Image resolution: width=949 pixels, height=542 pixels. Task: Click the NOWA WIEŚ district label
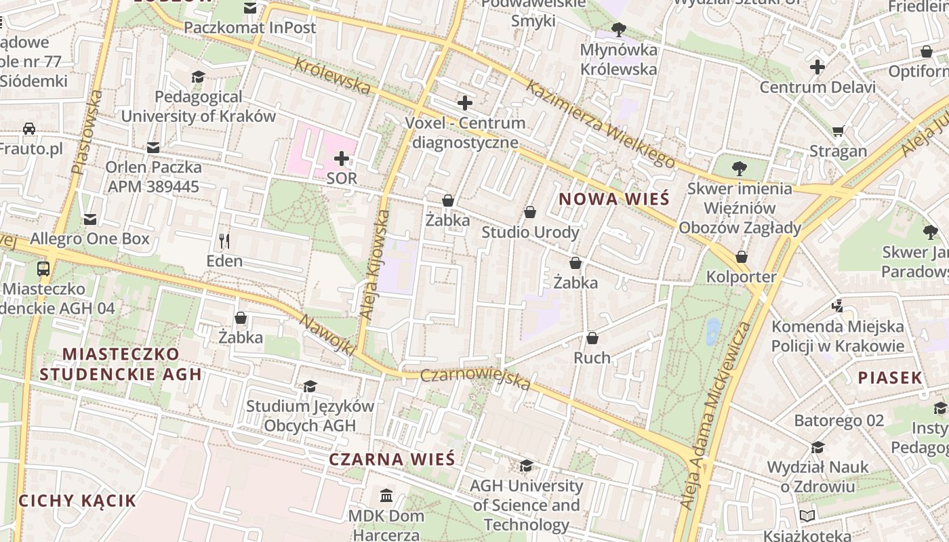613,199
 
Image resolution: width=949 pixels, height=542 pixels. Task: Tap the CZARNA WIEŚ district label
392,459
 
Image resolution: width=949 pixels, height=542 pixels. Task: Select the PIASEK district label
890,378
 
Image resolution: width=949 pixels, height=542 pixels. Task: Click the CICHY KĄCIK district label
77,501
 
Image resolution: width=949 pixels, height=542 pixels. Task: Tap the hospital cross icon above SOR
342,159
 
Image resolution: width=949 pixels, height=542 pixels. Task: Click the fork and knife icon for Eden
224,241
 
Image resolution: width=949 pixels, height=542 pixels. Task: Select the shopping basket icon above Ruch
592,338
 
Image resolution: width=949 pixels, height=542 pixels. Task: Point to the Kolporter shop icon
742,257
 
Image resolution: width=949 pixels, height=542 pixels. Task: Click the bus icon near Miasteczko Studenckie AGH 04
43,268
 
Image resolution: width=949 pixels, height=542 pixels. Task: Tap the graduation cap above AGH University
526,465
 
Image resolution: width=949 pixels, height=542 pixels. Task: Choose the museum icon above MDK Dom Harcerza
386,495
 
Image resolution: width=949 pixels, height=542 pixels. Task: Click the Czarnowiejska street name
475,379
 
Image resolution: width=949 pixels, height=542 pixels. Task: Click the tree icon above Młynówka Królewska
618,30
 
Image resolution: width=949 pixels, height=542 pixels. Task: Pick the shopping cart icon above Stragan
838,131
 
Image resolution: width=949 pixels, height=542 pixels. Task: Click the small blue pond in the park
713,331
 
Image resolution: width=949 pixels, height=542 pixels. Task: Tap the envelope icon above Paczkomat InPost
250,8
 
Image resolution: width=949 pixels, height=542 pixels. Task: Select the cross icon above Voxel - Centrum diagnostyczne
465,103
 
